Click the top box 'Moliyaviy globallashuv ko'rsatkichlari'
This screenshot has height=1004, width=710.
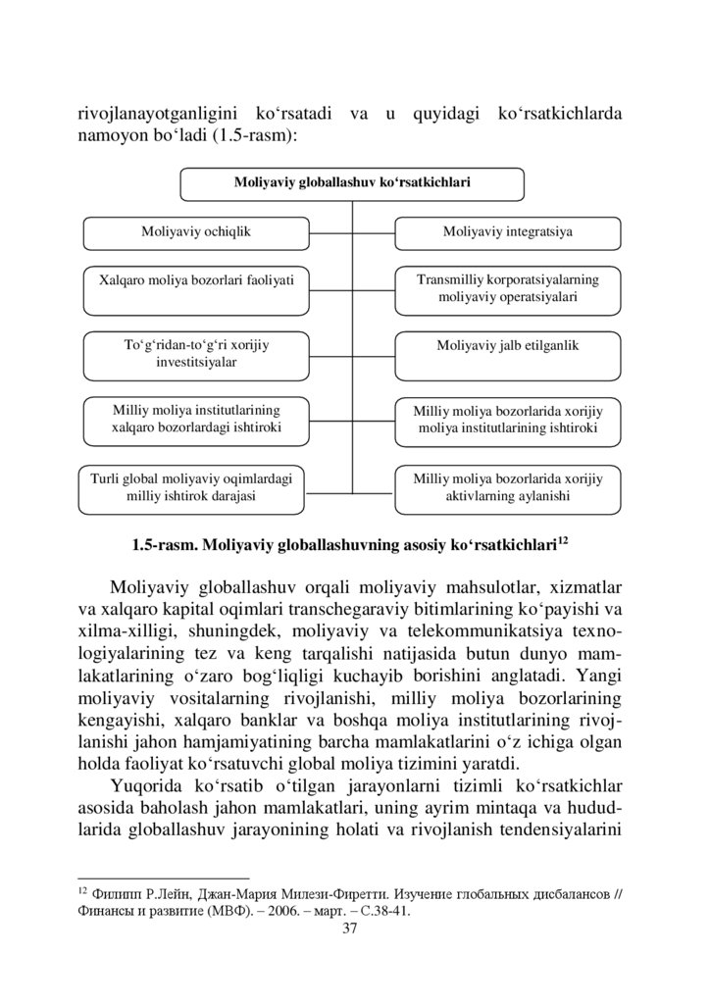pos(352,182)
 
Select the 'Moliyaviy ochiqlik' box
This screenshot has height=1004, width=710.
pos(196,232)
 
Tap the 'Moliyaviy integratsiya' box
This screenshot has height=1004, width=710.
pos(507,232)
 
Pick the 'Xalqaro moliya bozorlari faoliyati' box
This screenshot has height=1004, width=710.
pos(196,279)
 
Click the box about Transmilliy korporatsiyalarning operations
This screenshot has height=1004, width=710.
pos(507,287)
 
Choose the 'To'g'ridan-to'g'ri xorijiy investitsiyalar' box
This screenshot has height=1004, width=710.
pos(196,354)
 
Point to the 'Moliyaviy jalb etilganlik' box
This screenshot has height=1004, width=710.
pos(507,346)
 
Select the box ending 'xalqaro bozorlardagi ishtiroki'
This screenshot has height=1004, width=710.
pos(196,420)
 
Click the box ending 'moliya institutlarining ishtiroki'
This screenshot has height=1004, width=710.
pos(507,421)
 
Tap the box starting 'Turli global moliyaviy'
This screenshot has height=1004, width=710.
pos(191,487)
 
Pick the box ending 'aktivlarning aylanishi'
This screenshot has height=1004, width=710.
pos(507,487)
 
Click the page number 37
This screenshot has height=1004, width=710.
pos(354,929)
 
